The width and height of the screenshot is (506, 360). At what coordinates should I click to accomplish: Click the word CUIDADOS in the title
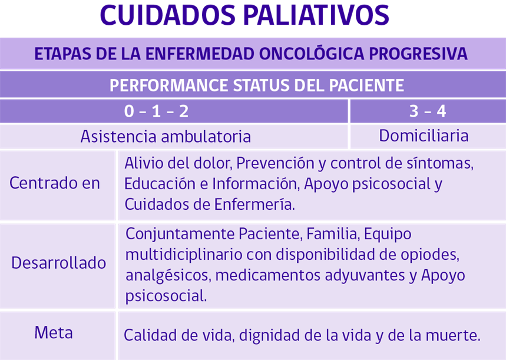[168, 15]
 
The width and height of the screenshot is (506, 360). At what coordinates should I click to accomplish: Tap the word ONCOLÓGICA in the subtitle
[312, 53]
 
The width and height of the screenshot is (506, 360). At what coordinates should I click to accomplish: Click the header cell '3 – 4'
[428, 111]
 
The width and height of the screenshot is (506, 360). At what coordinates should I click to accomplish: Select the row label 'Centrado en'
[55, 183]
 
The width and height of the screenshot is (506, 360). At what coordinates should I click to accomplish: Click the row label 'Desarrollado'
[58, 263]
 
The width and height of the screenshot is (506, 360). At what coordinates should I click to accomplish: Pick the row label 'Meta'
[54, 332]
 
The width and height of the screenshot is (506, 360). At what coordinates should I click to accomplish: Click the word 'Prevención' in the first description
[275, 163]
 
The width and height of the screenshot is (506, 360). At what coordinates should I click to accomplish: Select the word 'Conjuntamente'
[181, 234]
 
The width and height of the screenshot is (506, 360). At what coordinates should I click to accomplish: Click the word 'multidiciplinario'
[184, 255]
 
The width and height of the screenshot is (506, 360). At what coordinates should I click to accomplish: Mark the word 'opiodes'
[430, 255]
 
